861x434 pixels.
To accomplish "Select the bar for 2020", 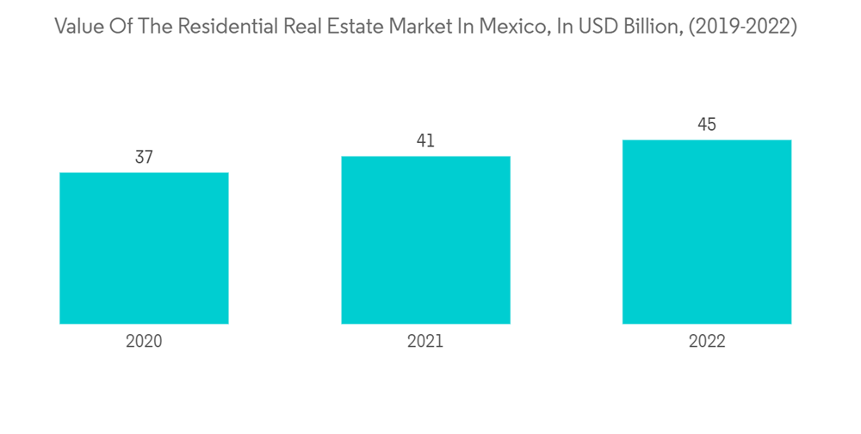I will pyautogui.click(x=144, y=248).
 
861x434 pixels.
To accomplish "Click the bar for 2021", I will pyautogui.click(x=425, y=240).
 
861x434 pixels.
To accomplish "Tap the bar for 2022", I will pyautogui.click(x=707, y=232).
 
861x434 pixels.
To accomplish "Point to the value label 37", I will pyautogui.click(x=144, y=158).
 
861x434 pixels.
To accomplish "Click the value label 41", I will pyautogui.click(x=425, y=141).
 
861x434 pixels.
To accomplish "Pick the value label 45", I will pyautogui.click(x=707, y=125).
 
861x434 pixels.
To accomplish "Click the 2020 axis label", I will pyautogui.click(x=144, y=342).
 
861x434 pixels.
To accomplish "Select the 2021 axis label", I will pyautogui.click(x=425, y=342).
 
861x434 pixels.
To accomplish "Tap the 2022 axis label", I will pyautogui.click(x=707, y=342).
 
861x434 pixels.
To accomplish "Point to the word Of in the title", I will pyautogui.click(x=121, y=27).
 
